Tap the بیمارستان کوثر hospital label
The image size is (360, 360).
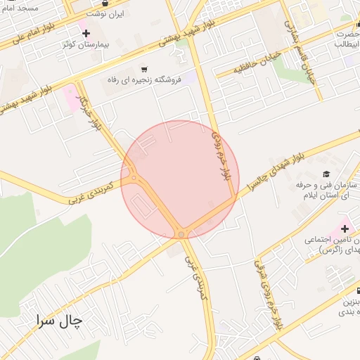(x=86, y=44)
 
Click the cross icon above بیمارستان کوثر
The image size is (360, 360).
(x=86, y=33)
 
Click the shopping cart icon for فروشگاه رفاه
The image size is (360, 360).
(x=145, y=69)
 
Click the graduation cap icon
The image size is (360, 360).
(x=326, y=174)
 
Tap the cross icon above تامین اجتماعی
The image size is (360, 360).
(x=345, y=229)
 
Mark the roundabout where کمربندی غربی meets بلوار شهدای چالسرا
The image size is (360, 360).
(x=181, y=233)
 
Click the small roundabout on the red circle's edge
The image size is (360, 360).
(x=133, y=179)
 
